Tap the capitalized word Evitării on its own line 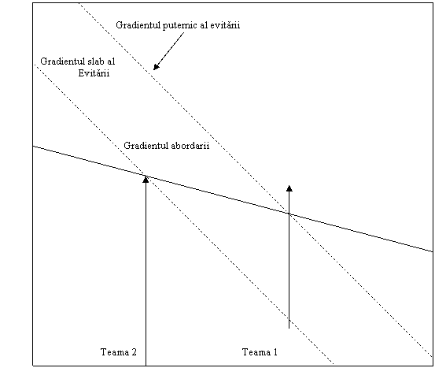(94, 73)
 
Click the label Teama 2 (119, 352)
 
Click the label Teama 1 (260, 352)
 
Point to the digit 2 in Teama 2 (134, 352)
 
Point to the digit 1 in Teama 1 (275, 352)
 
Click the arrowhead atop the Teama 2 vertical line (146, 180)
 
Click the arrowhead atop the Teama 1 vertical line (289, 188)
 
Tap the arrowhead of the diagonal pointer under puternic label (156, 67)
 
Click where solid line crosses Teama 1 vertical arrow (289, 214)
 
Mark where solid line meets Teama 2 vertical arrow (146, 176)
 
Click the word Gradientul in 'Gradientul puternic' (138, 25)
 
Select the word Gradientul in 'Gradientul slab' (58, 61)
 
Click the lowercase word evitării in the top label (225, 25)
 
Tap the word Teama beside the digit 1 (256, 352)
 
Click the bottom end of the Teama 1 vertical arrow (289, 329)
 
